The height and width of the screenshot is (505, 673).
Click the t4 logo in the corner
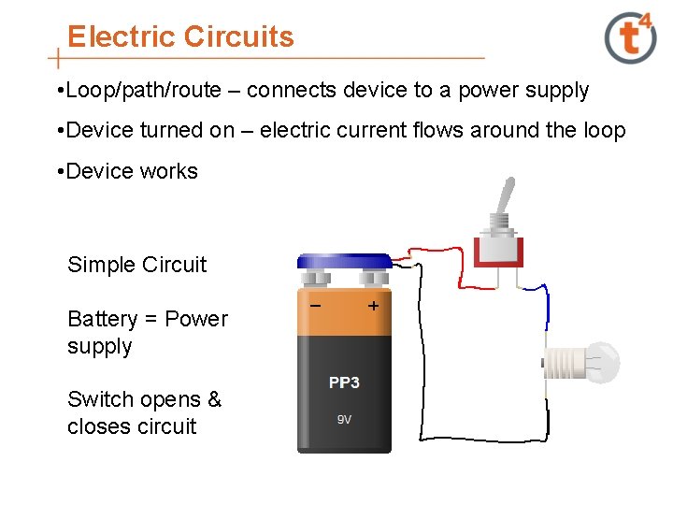tap(631, 36)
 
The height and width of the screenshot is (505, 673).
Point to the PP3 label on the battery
tap(344, 382)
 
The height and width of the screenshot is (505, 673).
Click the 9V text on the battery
tap(344, 419)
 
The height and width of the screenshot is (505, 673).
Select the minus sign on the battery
tap(316, 306)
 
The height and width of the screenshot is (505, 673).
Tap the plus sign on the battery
tap(374, 306)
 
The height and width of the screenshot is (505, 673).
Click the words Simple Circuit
tap(136, 265)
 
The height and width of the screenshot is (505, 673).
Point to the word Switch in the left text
tap(97, 399)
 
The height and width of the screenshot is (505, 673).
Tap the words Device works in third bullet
tap(133, 171)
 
